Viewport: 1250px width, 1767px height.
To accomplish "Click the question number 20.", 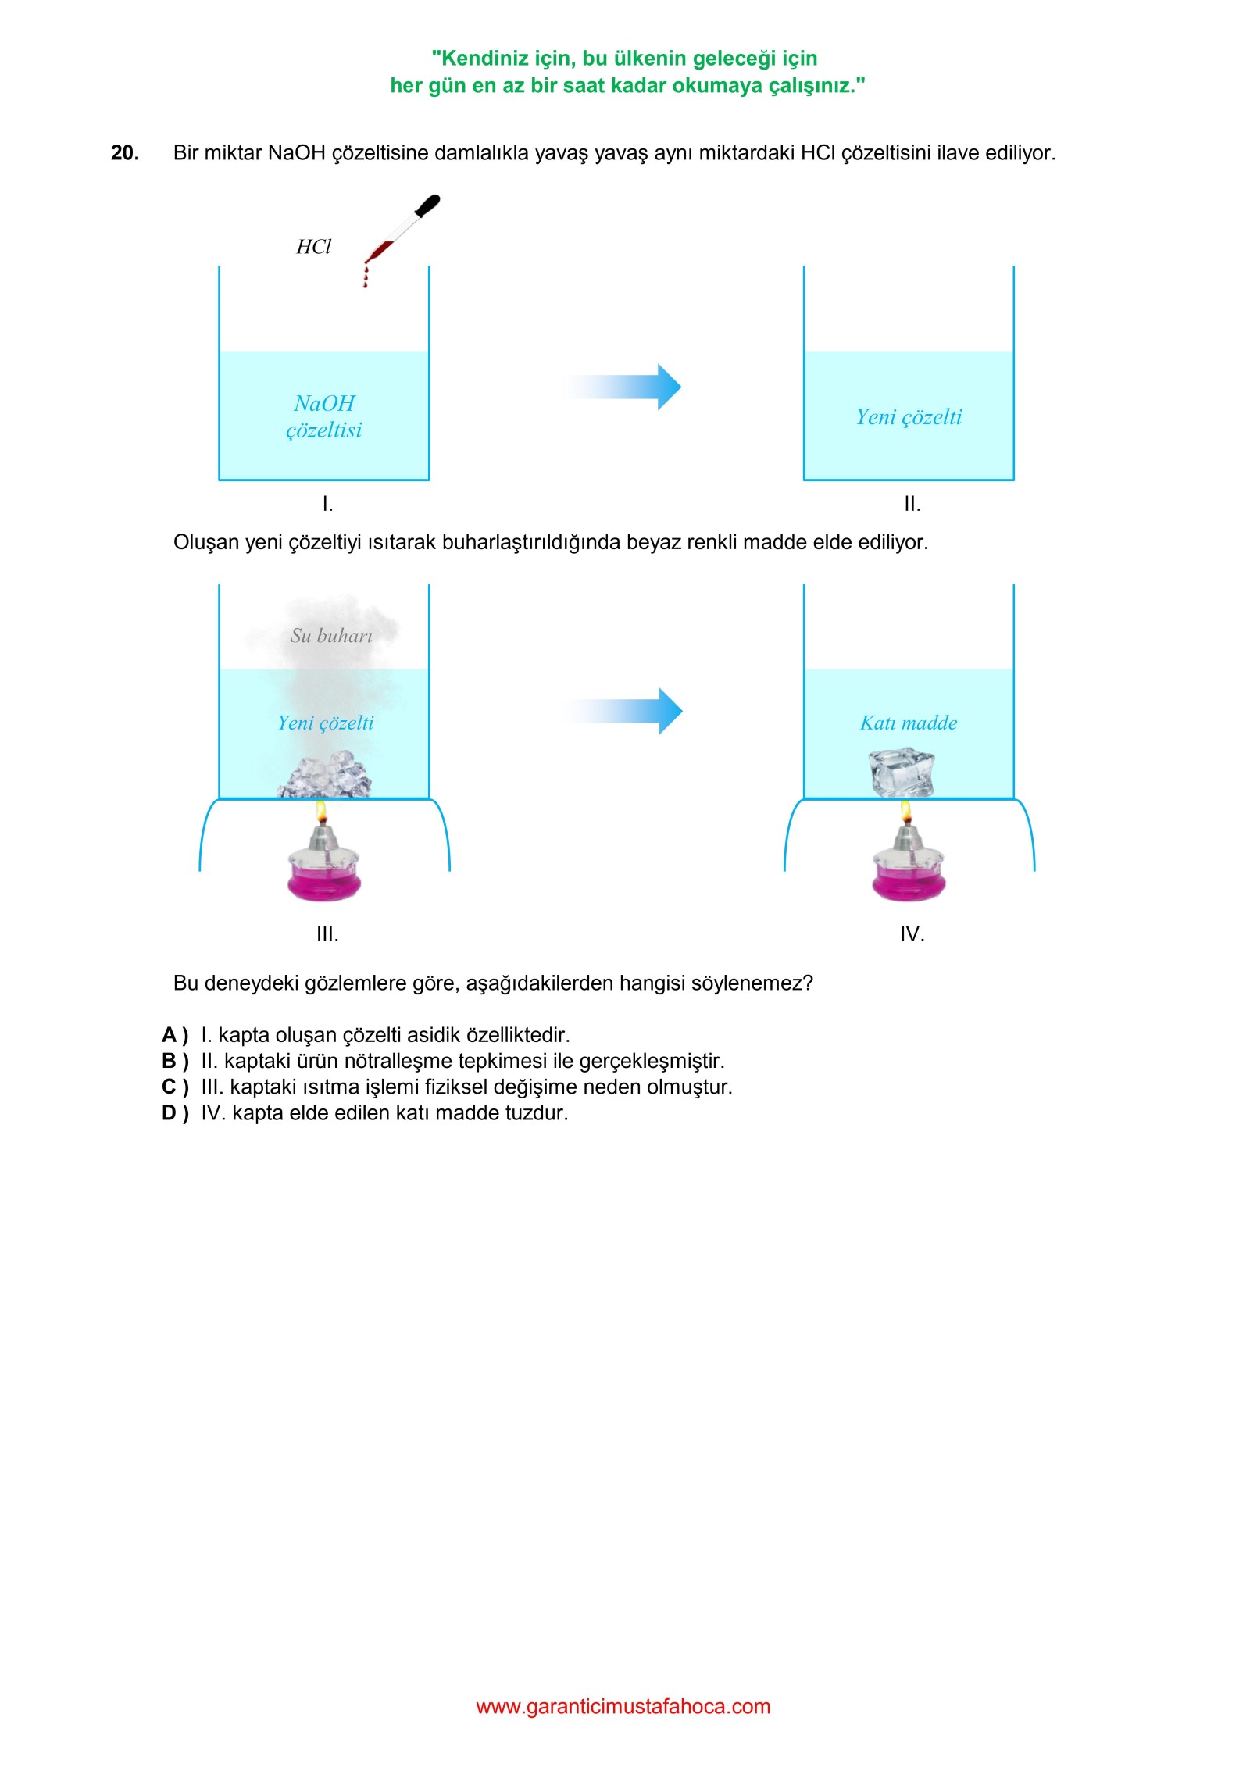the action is click(x=125, y=153).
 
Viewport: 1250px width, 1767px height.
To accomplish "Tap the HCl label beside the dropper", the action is click(x=313, y=247).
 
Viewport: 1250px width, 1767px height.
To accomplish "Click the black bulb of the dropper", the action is click(x=427, y=205).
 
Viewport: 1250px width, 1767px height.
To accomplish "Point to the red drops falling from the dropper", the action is click(x=365, y=276).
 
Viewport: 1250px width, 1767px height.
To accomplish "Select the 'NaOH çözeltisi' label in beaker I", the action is click(x=324, y=416).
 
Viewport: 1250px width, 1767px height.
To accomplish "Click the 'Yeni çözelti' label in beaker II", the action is click(x=909, y=417).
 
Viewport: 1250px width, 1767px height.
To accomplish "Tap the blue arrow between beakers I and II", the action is click(x=623, y=387).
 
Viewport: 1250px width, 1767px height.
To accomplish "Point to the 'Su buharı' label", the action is click(x=331, y=636).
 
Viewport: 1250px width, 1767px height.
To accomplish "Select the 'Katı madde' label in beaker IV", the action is click(x=909, y=723).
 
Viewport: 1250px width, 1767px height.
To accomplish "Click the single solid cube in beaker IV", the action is click(x=902, y=773).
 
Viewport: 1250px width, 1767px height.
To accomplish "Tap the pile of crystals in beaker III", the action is click(x=325, y=775).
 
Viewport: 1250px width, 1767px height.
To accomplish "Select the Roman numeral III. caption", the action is click(x=327, y=934).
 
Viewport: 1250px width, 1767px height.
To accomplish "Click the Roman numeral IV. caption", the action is click(x=912, y=934).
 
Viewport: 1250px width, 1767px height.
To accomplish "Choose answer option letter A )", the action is click(x=175, y=1035).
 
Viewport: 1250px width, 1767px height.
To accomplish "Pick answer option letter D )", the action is click(x=175, y=1113).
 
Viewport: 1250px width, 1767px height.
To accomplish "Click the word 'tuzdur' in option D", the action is click(x=537, y=1113).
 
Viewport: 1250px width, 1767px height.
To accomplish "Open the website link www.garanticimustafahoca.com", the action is click(x=623, y=1706).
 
